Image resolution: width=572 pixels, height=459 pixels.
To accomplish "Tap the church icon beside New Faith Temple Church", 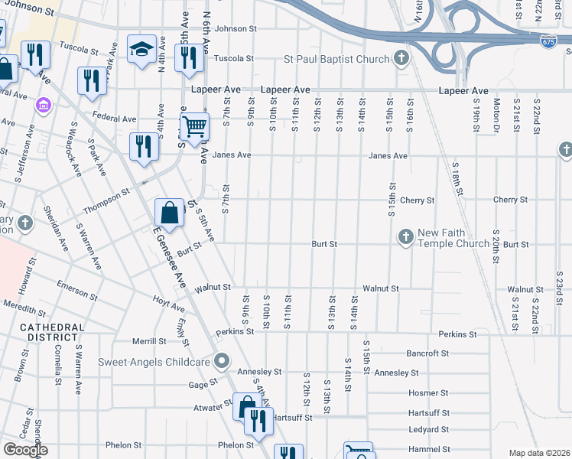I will tap(406, 237).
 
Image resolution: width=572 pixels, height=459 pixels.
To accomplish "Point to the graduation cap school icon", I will tap(141, 50).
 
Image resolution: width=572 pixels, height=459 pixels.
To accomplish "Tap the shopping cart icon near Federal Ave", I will tap(196, 125).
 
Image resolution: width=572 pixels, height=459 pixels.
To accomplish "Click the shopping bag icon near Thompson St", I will tap(170, 213).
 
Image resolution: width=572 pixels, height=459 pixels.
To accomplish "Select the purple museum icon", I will tap(44, 104).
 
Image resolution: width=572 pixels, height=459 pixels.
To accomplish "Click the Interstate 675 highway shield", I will tap(548, 41).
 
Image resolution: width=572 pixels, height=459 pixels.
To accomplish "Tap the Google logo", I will tap(25, 450).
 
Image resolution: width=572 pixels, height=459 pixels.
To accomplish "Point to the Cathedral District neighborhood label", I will tap(52, 332).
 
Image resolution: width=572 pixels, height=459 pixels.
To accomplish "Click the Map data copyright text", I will tap(538, 453).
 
